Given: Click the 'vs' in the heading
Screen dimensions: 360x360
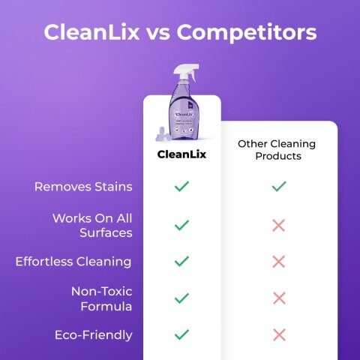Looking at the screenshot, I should (159, 33).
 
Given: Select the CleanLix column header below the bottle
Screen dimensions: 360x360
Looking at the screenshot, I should (181, 154).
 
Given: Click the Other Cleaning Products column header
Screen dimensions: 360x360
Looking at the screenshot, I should (277, 149).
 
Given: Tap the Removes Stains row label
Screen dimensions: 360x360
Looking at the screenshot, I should (83, 186).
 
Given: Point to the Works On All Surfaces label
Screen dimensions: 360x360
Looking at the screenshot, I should (92, 225).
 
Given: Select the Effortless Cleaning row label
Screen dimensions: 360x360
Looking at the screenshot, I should (73, 262).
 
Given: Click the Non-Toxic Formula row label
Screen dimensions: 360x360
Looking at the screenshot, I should (101, 298).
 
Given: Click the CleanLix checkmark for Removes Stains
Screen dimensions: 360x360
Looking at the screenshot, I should (181, 186).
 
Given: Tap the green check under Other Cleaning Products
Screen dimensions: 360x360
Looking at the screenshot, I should (278, 186).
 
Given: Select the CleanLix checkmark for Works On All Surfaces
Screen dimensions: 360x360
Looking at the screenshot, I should (181, 225).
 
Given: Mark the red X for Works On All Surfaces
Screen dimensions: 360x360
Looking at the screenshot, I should (278, 225).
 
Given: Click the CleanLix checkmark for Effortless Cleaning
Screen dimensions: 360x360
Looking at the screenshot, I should (181, 262).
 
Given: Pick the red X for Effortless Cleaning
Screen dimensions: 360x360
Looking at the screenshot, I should (278, 262).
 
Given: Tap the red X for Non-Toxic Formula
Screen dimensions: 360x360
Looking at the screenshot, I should (278, 298).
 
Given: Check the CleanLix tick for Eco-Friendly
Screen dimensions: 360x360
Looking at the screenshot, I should (181, 334).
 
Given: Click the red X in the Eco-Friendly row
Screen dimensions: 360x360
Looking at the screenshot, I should (278, 334).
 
